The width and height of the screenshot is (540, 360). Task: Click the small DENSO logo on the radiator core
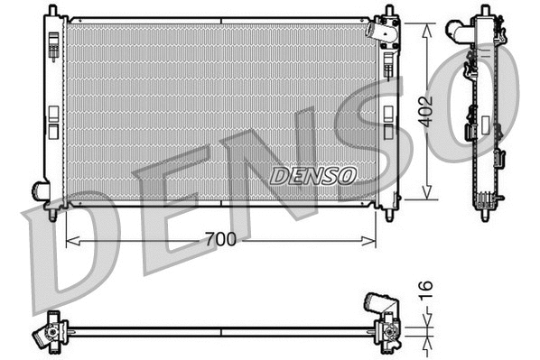pos(313,174)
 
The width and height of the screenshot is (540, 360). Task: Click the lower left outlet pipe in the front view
pos(41,190)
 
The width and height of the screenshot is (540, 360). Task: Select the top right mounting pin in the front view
pos(389,11)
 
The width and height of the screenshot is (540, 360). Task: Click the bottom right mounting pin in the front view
pos(389,215)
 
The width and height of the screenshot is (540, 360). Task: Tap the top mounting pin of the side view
pos(490,10)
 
